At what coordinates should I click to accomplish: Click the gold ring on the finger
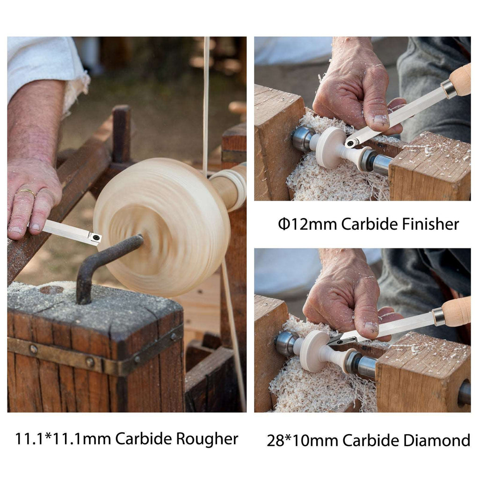pos(27,192)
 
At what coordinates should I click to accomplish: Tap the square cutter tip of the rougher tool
pos(95,238)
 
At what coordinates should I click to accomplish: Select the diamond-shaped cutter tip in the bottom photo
pos(338,340)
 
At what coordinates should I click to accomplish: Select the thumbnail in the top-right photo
pos(380,120)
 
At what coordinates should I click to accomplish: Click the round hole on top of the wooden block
pos(51,290)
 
